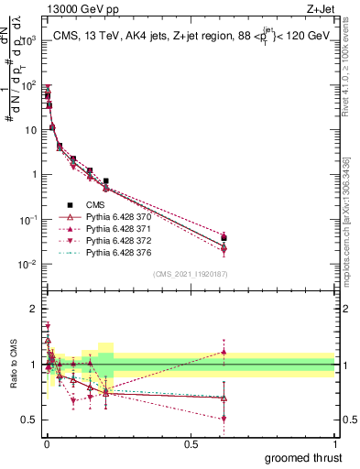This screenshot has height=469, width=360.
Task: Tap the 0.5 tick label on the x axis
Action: tap(190, 444)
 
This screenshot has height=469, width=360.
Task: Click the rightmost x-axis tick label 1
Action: tap(334, 444)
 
